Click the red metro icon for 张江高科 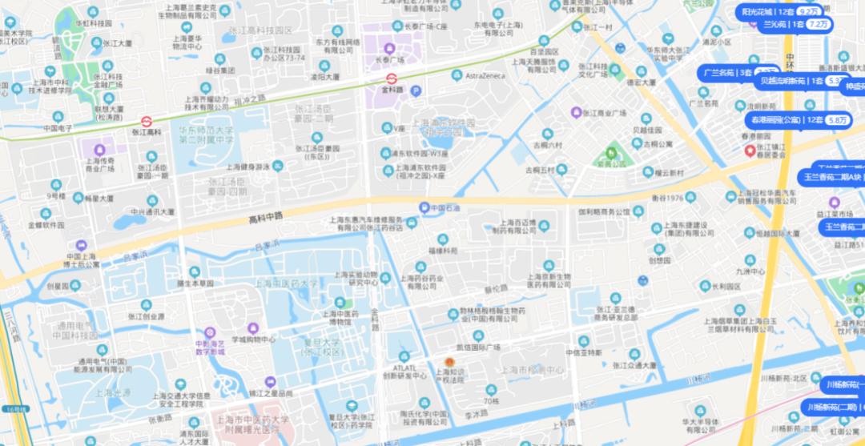[x=147, y=121]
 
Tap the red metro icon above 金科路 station [x=392, y=78]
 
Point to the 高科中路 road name [x=267, y=217]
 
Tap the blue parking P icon [x=415, y=91]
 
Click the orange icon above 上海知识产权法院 [x=449, y=362]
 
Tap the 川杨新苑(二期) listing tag [x=834, y=407]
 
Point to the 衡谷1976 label [x=666, y=198]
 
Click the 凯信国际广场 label [x=478, y=348]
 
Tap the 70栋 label [x=491, y=400]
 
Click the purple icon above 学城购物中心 [x=253, y=327]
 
